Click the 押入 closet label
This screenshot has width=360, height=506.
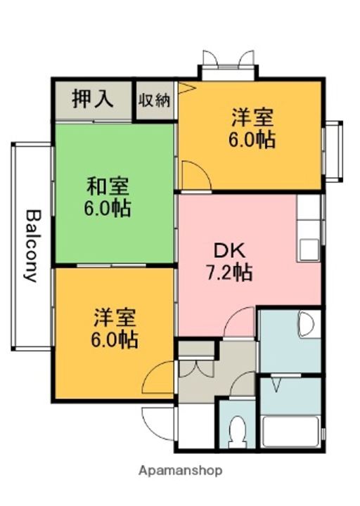pyautogui.click(x=92, y=98)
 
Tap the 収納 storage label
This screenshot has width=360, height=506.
pyautogui.click(x=154, y=101)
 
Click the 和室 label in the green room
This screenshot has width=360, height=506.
pyautogui.click(x=108, y=186)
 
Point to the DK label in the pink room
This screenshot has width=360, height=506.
pyautogui.click(x=229, y=251)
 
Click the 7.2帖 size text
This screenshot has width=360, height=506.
pyautogui.click(x=229, y=273)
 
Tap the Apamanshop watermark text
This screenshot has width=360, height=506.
pyautogui.click(x=180, y=471)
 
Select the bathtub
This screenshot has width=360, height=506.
pyautogui.click(x=291, y=432)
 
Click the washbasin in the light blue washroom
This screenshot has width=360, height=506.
pyautogui.click(x=306, y=324)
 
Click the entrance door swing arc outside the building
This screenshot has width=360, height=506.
pyautogui.click(x=157, y=423)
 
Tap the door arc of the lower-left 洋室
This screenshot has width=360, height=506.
pyautogui.click(x=157, y=377)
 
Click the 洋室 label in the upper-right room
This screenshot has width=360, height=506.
pyautogui.click(x=252, y=117)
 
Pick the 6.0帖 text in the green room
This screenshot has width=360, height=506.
pyautogui.click(x=108, y=209)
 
